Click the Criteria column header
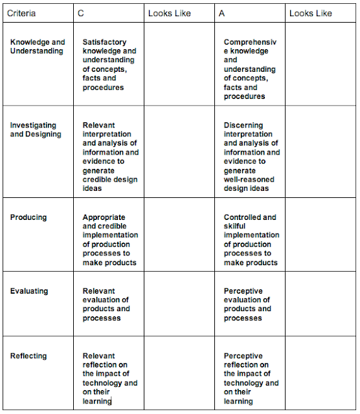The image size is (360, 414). (x=21, y=13)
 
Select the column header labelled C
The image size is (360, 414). (x=80, y=13)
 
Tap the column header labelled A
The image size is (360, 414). (x=221, y=13)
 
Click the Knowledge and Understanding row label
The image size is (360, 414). (x=38, y=47)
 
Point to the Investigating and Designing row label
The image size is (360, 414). (x=36, y=129)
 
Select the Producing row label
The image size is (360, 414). (x=28, y=217)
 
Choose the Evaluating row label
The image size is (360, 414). (x=29, y=291)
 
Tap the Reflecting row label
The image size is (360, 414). (x=28, y=356)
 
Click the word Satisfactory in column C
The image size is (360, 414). (x=105, y=42)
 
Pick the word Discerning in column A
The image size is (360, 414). (x=244, y=125)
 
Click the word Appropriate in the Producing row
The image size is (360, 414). (x=104, y=217)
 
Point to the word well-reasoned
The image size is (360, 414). (x=249, y=180)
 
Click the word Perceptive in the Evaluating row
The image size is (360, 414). (x=243, y=291)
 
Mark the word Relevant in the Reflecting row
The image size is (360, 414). (x=99, y=356)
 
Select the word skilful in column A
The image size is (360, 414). (x=237, y=226)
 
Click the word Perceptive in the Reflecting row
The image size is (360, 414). (x=243, y=356)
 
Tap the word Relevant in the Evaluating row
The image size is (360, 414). (x=99, y=291)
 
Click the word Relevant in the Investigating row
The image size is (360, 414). (x=99, y=125)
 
